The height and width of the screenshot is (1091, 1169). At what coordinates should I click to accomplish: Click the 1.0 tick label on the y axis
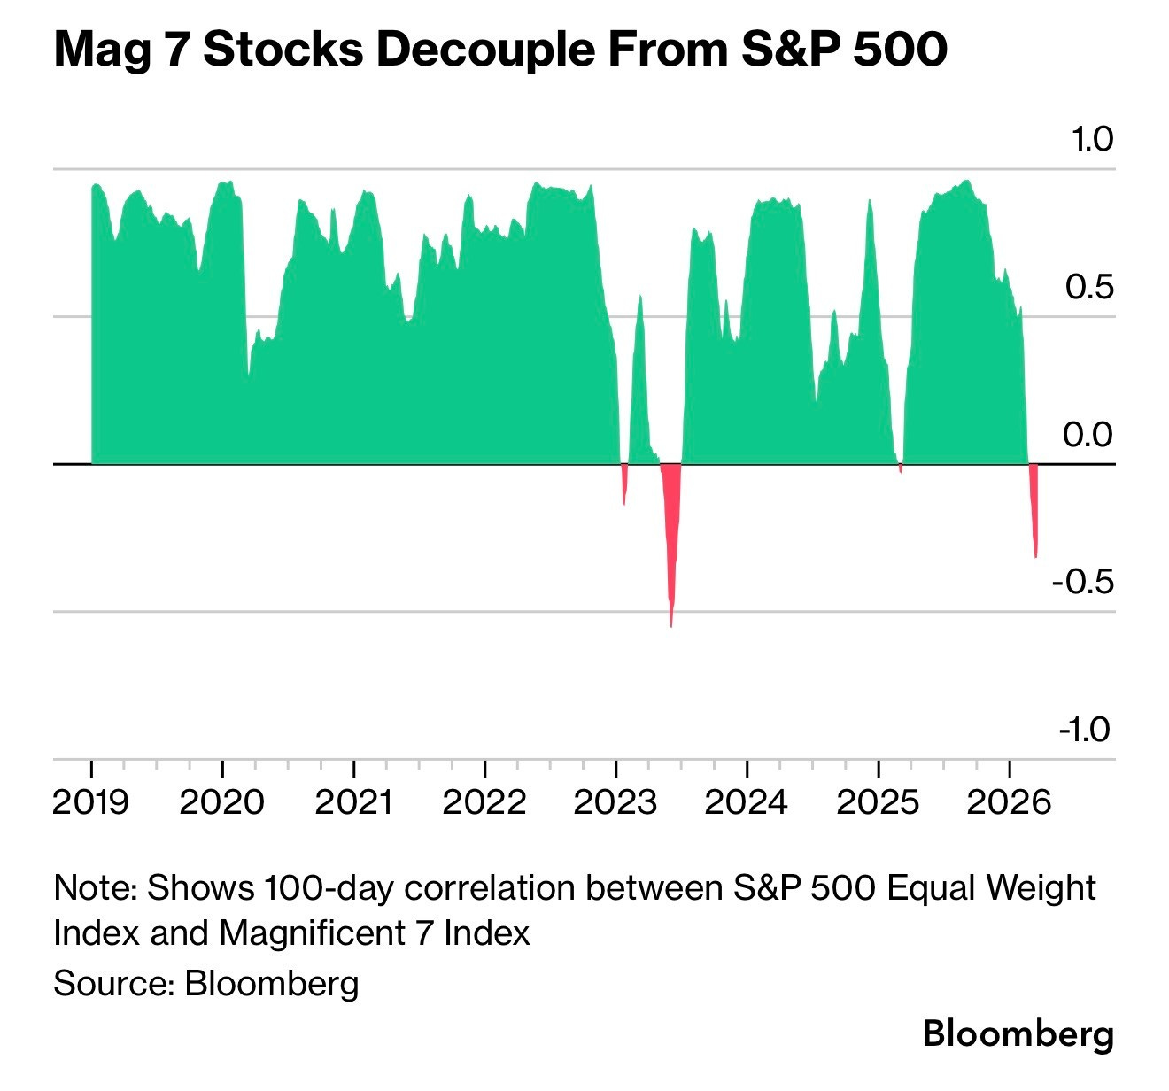point(1090,140)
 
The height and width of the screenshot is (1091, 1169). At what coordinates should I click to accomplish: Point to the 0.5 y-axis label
point(1088,287)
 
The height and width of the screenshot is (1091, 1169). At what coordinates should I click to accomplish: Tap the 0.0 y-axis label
point(1088,435)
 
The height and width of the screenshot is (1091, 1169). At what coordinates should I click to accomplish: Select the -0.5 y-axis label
point(1082,582)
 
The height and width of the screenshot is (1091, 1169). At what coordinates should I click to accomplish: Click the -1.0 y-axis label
point(1084,730)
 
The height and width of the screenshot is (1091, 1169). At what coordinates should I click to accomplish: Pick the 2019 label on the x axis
point(91,802)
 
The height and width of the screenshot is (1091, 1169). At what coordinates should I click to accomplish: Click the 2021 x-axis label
point(353,802)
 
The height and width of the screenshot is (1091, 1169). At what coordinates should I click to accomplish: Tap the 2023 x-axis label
point(615,802)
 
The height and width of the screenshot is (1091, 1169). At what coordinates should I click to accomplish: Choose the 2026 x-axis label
point(1009,802)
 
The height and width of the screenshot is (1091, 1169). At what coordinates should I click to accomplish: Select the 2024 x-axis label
point(747,802)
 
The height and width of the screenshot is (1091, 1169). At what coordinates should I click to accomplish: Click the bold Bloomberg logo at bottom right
point(1018,1033)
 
